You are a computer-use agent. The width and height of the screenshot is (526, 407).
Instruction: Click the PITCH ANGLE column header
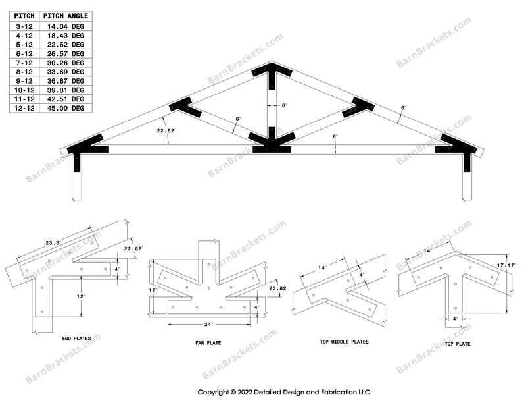66,16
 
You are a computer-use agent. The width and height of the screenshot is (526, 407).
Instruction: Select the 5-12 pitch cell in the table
24,45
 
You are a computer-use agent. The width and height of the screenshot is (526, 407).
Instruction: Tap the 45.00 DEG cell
66,108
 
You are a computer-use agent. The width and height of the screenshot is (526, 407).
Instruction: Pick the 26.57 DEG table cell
66,54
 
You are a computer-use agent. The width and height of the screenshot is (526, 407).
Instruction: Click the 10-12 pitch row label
24,90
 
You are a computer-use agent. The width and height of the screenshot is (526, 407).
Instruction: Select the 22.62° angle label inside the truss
166,131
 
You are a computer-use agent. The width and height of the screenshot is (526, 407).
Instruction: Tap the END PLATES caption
76,339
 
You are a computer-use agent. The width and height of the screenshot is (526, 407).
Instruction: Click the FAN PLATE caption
208,343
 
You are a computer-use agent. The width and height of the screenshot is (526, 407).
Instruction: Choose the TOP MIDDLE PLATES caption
344,342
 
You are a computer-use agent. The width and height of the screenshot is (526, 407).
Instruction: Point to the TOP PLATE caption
458,344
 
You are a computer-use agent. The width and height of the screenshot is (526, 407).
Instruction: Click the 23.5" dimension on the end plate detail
53,242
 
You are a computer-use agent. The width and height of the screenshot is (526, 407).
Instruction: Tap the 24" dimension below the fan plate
208,324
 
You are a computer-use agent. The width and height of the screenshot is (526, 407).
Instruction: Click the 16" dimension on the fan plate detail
153,290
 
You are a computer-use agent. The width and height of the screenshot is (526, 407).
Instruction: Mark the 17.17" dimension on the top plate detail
506,265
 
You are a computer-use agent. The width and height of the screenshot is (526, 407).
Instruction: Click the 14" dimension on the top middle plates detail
322,268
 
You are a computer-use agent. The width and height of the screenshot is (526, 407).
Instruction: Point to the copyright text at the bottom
284,392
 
